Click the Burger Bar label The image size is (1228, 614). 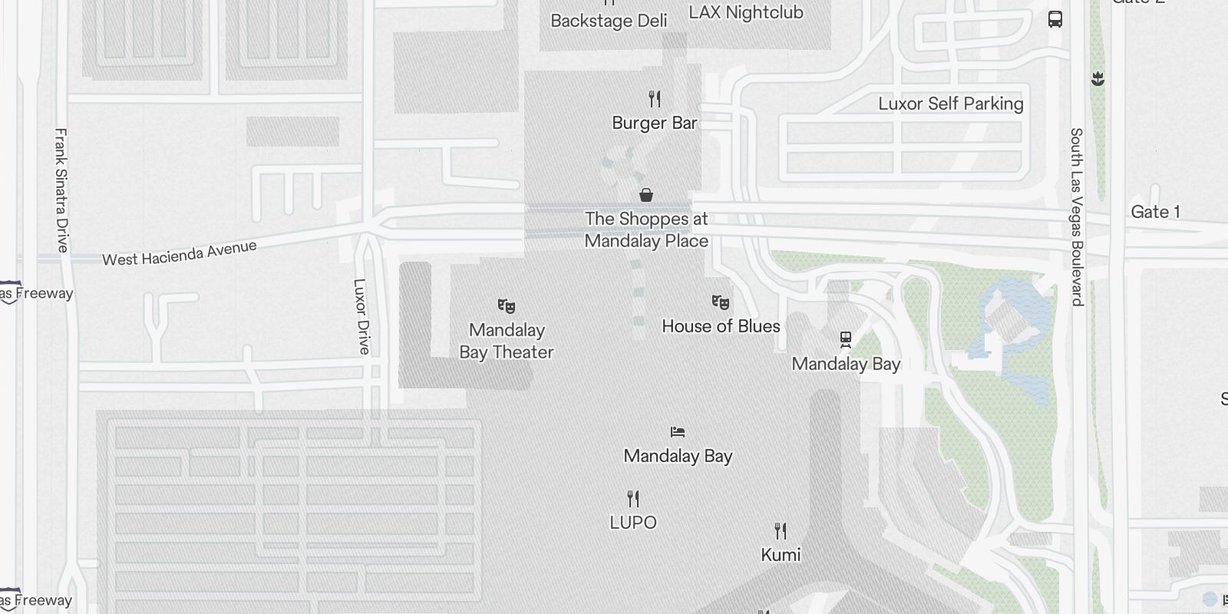(655, 123)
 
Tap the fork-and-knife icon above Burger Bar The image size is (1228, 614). (655, 98)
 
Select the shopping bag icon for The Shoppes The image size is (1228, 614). (646, 195)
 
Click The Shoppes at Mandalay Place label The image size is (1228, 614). (646, 229)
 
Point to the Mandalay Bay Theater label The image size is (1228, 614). (507, 341)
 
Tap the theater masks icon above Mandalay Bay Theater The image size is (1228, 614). (507, 306)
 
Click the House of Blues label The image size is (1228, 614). (721, 326)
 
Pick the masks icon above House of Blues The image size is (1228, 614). (720, 302)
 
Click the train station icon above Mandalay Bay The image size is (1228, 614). (846, 338)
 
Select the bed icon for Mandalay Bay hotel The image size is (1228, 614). (678, 432)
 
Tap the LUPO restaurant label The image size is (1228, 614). (633, 523)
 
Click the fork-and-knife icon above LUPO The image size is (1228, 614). (633, 499)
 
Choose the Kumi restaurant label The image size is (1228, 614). (781, 554)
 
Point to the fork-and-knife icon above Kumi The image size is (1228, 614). (781, 530)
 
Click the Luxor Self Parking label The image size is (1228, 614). (951, 104)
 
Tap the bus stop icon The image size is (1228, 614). (1055, 19)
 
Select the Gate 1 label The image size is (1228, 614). (1155, 212)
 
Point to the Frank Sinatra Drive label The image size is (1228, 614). (62, 190)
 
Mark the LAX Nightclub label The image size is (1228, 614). (746, 12)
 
